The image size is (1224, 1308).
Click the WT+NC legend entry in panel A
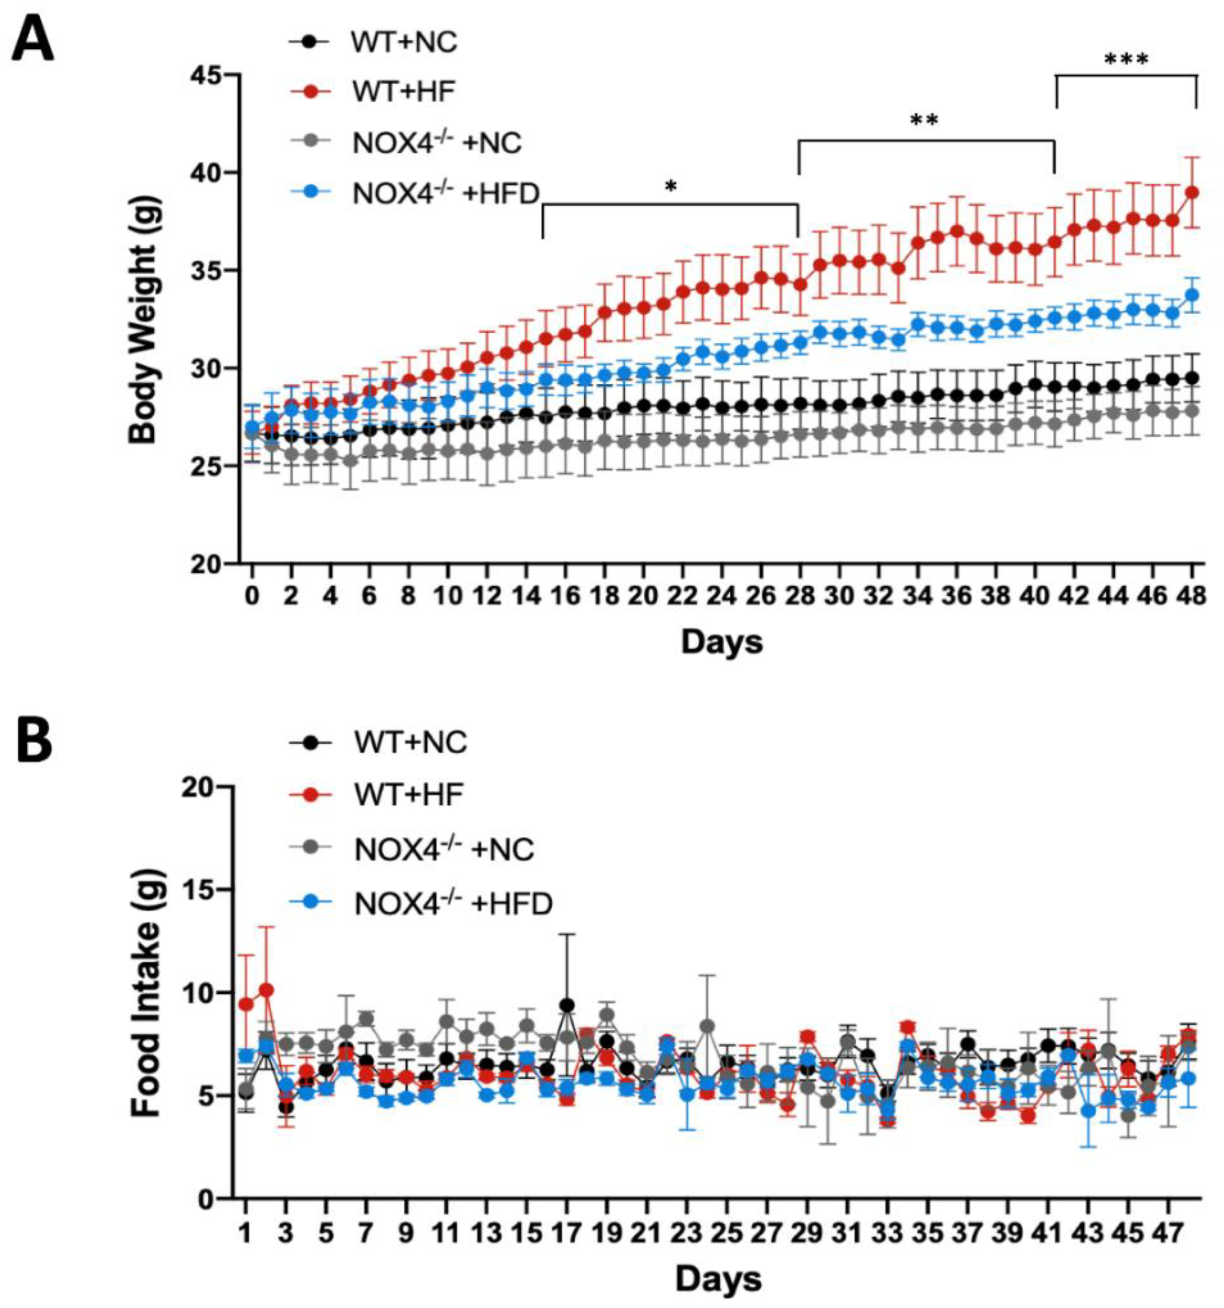403,43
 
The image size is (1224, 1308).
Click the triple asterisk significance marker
1126,61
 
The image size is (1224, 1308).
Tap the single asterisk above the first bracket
671,187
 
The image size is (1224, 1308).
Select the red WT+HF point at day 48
1191,193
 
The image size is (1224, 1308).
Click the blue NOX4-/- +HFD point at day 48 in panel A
1191,295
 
